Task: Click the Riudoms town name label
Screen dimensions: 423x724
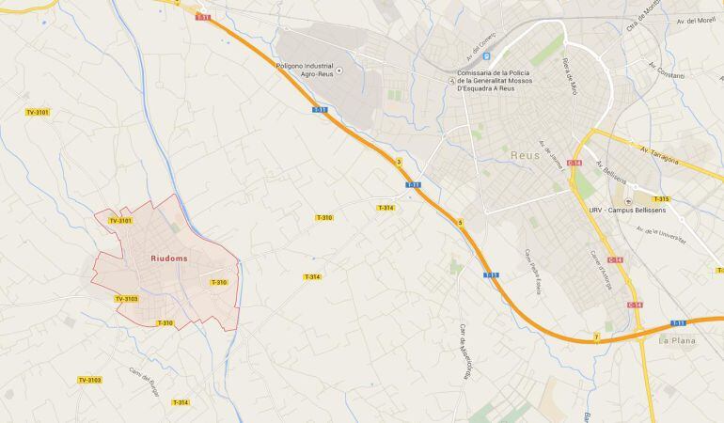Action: click(169, 258)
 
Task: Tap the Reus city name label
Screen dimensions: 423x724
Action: click(525, 155)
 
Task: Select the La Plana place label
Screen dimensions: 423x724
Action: click(675, 341)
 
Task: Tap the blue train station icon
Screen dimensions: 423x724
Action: click(485, 55)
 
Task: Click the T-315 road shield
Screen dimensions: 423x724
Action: click(660, 199)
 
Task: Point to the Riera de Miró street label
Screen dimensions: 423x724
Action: click(569, 76)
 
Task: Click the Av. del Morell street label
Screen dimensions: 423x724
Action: click(696, 21)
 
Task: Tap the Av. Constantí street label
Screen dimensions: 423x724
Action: click(667, 70)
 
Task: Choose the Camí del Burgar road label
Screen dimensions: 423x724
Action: click(145, 381)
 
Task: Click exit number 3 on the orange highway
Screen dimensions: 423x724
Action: click(399, 163)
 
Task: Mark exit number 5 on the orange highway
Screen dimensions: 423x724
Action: click(461, 222)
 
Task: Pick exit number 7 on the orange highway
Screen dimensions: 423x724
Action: click(596, 337)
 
